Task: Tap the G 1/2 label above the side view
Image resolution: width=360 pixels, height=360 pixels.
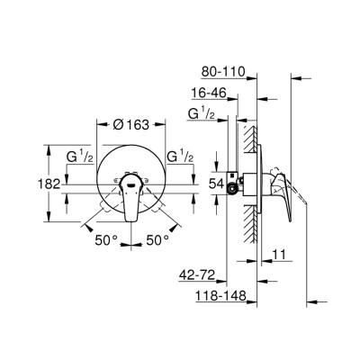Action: pyautogui.click(x=199, y=113)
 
